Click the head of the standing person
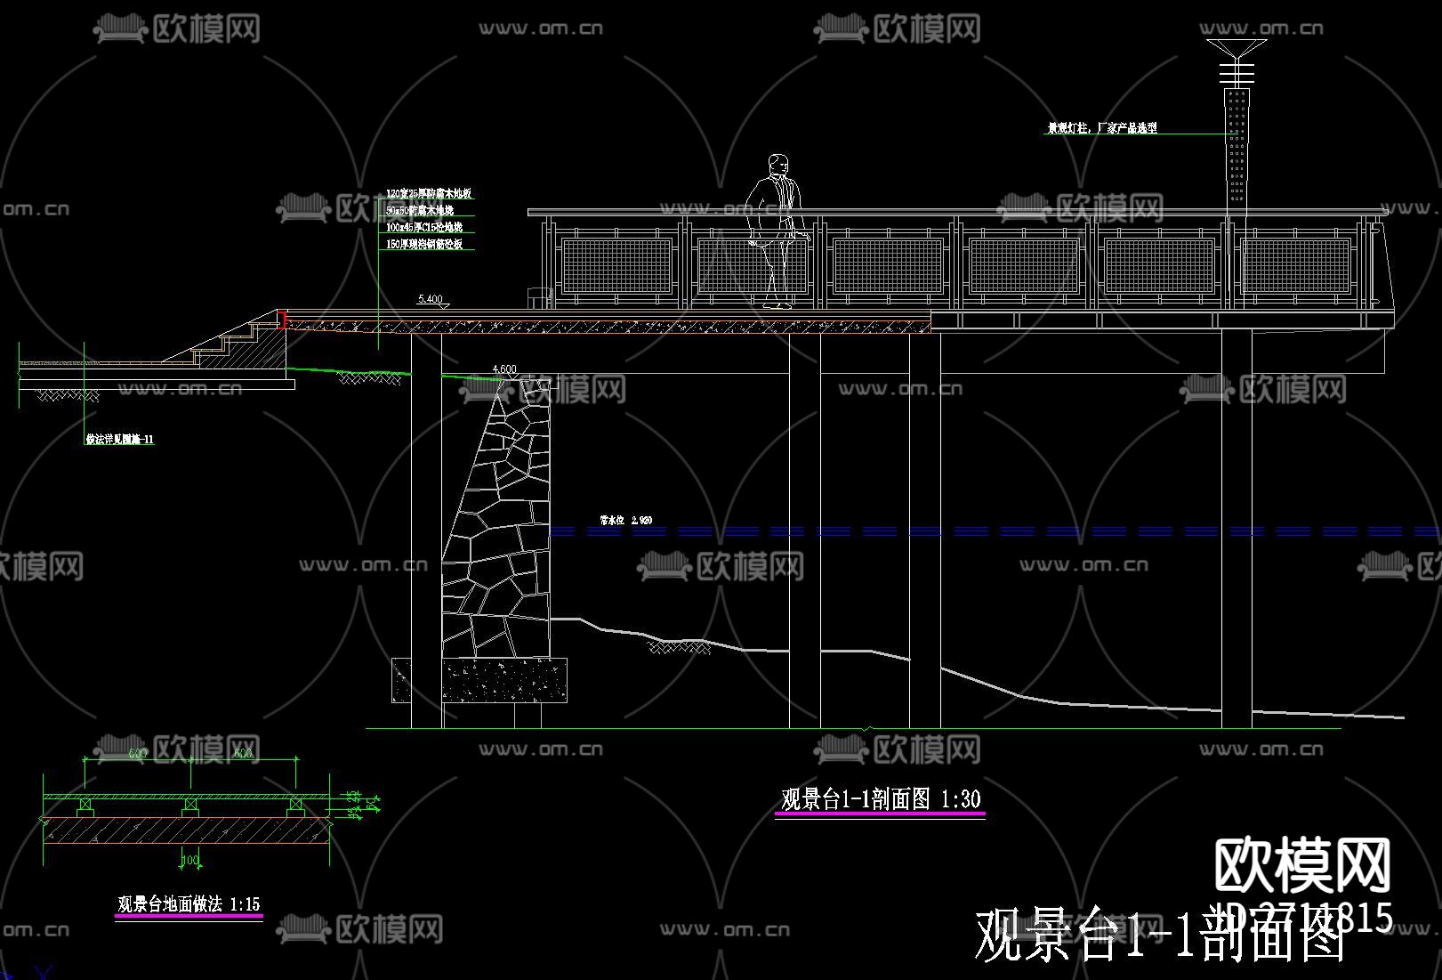(778, 165)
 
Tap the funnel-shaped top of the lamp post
(1237, 48)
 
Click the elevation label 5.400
(430, 299)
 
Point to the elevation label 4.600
(503, 369)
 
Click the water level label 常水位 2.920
(626, 520)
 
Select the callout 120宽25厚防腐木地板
(428, 193)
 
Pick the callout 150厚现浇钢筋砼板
(424, 244)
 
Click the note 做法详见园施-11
(119, 439)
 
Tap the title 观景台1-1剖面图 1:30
(880, 799)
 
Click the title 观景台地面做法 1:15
(189, 904)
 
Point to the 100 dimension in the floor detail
(189, 861)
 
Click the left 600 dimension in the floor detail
(138, 754)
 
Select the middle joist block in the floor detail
(190, 806)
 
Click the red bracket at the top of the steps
(282, 320)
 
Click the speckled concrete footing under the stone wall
(503, 680)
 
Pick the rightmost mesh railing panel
(1296, 265)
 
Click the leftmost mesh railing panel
(616, 265)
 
